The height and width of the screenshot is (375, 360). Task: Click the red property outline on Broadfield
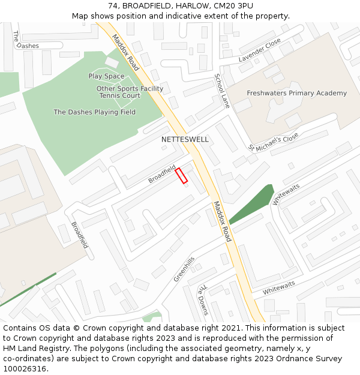click(181, 176)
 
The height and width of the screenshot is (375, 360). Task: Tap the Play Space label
click(106, 76)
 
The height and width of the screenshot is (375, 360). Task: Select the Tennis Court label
click(119, 95)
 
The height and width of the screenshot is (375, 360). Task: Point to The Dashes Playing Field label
click(94, 112)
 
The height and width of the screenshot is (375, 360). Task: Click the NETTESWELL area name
click(185, 139)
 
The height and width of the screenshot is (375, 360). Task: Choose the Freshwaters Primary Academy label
click(296, 93)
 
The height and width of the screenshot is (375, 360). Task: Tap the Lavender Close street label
click(259, 50)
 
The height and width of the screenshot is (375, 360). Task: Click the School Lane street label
click(222, 91)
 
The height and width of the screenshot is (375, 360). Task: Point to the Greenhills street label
click(184, 269)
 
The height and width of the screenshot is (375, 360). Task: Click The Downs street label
click(203, 299)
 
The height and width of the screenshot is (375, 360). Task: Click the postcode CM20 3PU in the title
click(231, 5)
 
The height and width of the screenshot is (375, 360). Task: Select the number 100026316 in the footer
click(25, 368)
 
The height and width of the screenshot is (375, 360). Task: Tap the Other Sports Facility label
click(130, 89)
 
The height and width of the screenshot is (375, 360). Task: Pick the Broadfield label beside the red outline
click(162, 174)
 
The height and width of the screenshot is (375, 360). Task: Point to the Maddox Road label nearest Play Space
click(125, 52)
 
